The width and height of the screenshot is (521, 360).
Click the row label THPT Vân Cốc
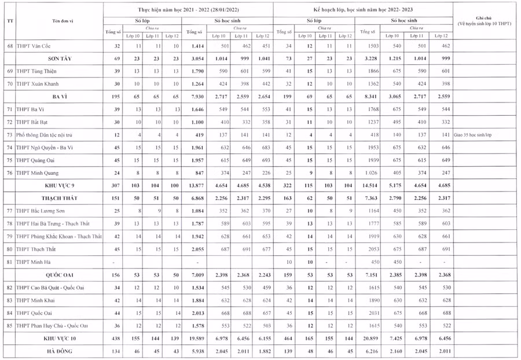37,46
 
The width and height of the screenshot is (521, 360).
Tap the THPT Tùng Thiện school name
39,71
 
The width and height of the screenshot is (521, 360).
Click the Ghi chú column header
486,21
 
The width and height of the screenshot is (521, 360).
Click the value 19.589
197,337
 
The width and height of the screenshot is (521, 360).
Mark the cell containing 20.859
369,337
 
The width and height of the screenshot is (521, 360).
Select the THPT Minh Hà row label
36,262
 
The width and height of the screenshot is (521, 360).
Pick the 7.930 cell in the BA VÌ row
197,97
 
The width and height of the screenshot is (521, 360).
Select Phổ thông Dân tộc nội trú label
48,134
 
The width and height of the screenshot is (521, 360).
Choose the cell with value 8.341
369,97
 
